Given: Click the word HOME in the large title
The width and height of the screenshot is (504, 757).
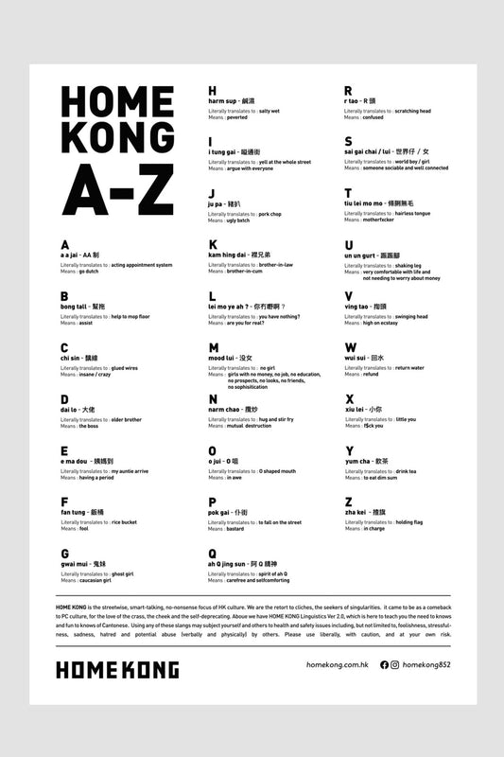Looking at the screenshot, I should click(x=116, y=102).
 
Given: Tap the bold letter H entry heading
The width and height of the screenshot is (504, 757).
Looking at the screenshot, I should click(x=213, y=91).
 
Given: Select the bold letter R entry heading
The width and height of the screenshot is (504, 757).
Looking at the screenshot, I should click(x=349, y=91).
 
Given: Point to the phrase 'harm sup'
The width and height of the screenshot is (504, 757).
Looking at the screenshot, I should click(x=223, y=100).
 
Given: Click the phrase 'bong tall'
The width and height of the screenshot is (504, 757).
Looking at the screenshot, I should click(x=75, y=307).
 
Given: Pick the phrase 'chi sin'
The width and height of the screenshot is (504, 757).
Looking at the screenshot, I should click(x=70, y=359).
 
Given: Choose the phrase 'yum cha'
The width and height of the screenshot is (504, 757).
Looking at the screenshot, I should click(x=358, y=462).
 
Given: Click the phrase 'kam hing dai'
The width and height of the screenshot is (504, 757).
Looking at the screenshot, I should click(x=227, y=255).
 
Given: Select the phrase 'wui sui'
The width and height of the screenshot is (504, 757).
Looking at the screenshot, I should click(x=356, y=359).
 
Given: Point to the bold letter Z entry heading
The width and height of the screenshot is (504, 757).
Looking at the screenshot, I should click(x=349, y=502).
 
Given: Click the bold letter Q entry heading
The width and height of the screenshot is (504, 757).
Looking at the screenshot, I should click(x=213, y=554).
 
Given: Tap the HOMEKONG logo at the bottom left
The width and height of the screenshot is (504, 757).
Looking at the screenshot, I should click(x=116, y=670).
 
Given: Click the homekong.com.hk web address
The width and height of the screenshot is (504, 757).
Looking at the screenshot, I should click(x=324, y=665).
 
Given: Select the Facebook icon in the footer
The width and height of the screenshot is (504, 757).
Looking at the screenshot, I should click(x=384, y=665).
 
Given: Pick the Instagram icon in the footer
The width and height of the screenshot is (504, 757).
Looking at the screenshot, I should click(x=394, y=665).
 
